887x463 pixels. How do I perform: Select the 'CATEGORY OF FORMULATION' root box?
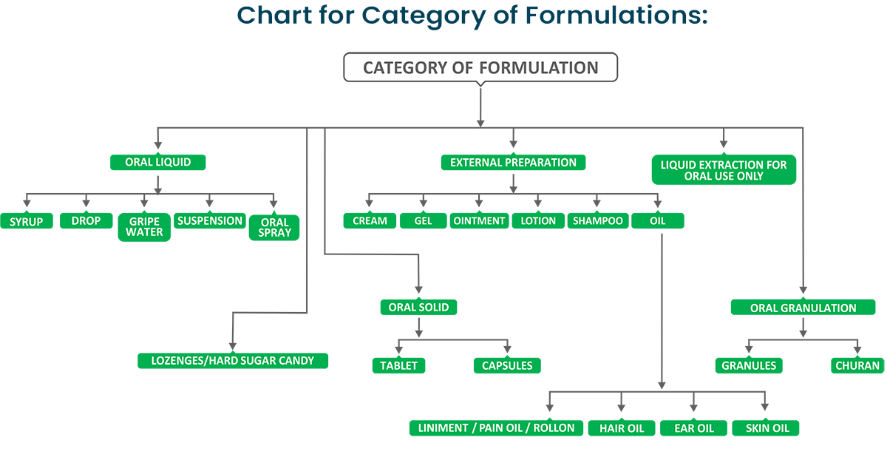(480, 68)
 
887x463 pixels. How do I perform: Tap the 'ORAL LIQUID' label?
(157, 162)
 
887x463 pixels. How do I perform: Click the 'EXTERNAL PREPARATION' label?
(513, 162)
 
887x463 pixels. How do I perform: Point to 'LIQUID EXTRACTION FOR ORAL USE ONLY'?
(724, 171)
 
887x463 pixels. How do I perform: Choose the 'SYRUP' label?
(27, 221)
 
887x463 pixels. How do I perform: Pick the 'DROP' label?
(86, 221)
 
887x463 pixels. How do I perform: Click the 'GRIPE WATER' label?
(144, 226)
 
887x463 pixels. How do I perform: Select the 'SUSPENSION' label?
(210, 221)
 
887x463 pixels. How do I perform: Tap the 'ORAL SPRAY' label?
(275, 226)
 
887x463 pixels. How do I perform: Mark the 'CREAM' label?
(370, 221)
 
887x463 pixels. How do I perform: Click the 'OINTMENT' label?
(479, 221)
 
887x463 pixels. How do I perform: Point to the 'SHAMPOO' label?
(597, 221)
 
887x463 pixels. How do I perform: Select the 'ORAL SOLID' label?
(418, 307)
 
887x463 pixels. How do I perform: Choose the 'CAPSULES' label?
(507, 365)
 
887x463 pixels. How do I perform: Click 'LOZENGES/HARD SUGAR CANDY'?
(233, 361)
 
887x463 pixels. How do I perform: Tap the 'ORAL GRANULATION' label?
(803, 308)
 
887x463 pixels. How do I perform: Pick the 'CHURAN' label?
(857, 365)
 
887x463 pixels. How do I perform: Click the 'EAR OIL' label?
(695, 428)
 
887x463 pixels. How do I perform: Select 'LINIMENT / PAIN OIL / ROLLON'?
(496, 428)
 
